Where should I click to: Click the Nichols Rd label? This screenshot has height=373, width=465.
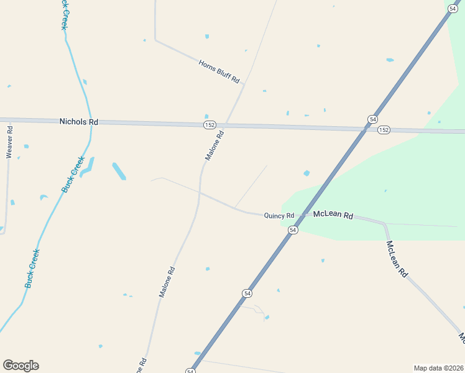pos(79,122)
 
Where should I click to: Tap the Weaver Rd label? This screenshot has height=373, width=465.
pos(9,142)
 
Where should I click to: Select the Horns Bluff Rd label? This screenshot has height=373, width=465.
pos(219,71)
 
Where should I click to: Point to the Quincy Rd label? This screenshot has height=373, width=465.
pos(279,216)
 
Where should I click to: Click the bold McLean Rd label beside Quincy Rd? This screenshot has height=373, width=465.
pos(333,215)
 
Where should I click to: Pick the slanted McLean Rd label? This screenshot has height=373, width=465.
pos(396,259)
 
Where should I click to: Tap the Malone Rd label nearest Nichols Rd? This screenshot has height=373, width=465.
pos(214,146)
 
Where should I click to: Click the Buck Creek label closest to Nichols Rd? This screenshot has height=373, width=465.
pos(73,174)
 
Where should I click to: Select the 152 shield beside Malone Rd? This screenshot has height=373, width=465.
pos(209,125)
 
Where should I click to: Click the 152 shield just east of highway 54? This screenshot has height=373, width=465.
pos(384,129)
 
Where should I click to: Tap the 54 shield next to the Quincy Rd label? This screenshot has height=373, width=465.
pos(293,230)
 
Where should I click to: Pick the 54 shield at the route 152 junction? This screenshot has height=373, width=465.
pos(372,119)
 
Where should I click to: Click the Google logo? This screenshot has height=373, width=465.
pos(21,366)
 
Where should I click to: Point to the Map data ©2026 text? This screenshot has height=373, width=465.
pos(438,367)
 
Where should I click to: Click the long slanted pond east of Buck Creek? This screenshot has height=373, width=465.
pos(119,171)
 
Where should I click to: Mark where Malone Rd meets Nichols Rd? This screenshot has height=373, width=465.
pos(225,125)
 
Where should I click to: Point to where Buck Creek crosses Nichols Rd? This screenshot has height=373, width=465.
pos(91,121)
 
